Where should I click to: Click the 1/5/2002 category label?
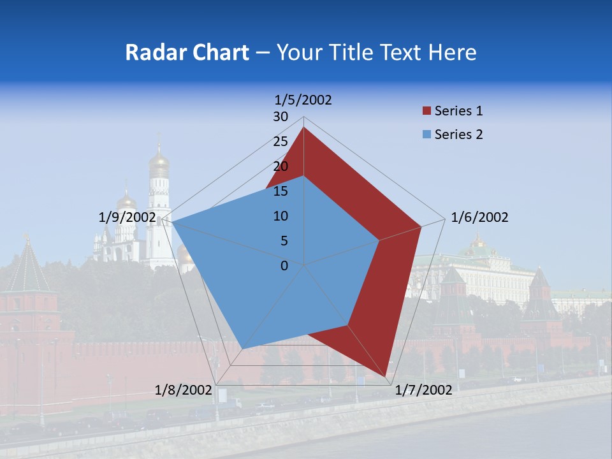303,99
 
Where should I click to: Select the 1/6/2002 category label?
479,217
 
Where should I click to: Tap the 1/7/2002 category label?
423,390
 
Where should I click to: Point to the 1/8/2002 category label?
183,390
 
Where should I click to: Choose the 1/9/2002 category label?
127,217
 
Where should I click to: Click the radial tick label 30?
280,117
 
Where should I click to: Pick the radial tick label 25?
280,142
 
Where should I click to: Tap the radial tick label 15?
280,191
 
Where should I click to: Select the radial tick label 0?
284,266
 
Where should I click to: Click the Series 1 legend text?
458,111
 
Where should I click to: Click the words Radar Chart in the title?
187,52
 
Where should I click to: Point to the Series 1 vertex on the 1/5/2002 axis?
304,127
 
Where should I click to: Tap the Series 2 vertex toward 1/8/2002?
243,349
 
